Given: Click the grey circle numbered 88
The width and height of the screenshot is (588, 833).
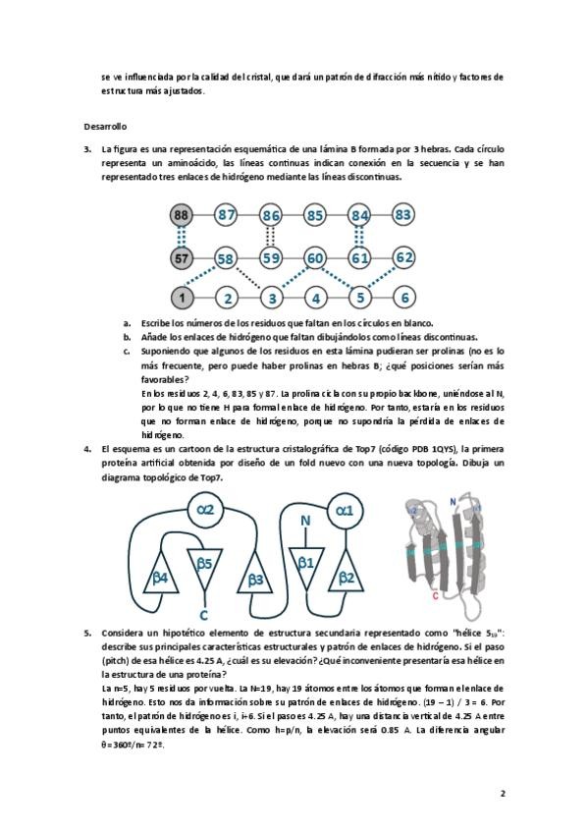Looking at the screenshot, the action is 181,215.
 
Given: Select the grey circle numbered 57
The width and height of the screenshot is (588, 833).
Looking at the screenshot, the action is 181,258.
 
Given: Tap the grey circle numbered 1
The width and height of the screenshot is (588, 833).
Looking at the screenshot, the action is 182,298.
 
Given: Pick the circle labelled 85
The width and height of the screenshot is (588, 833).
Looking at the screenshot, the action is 315,215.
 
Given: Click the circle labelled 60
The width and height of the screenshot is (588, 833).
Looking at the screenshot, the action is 315,258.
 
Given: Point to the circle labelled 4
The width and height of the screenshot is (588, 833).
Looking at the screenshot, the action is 316,298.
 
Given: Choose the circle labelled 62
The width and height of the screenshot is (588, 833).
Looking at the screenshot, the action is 403,257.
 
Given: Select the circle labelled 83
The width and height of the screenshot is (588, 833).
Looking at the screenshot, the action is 403,214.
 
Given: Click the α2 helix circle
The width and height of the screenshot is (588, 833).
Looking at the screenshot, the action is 205,510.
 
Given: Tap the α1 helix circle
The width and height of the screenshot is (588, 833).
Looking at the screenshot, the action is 345,511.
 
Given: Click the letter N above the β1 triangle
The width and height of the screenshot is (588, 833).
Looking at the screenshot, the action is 305,522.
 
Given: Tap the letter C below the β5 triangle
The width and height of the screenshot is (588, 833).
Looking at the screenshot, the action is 204,615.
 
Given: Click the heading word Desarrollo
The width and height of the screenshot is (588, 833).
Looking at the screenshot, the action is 105,127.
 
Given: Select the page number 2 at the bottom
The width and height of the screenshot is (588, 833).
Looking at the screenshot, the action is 502,794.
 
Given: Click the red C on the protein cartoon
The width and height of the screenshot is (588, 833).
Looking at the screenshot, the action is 435,595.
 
